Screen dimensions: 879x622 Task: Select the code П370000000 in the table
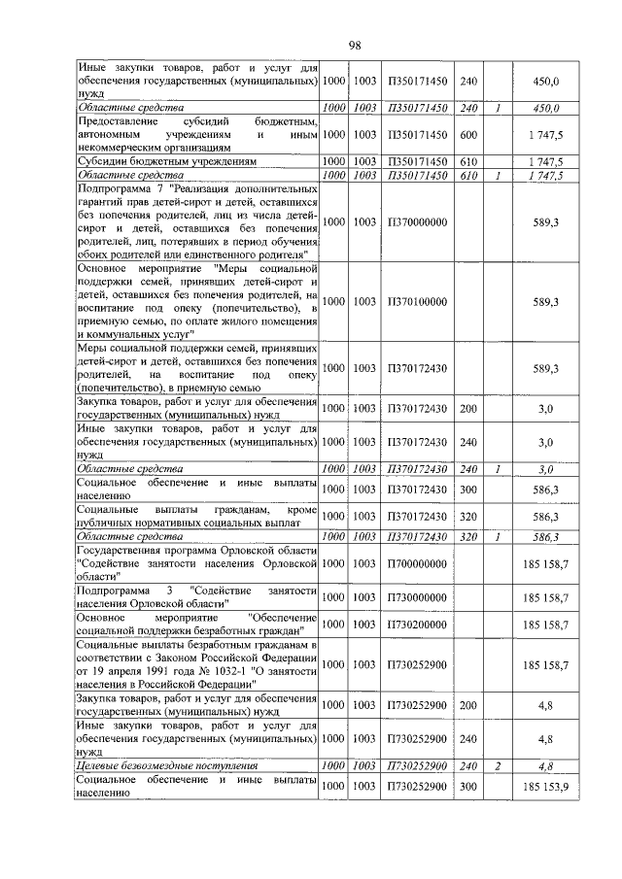pyautogui.click(x=417, y=222)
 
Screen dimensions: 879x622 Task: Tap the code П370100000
pyautogui.click(x=417, y=302)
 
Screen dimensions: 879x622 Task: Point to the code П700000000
pyautogui.click(x=417, y=562)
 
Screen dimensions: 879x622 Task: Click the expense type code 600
pyautogui.click(x=467, y=134)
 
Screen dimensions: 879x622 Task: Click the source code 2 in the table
pyautogui.click(x=498, y=767)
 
